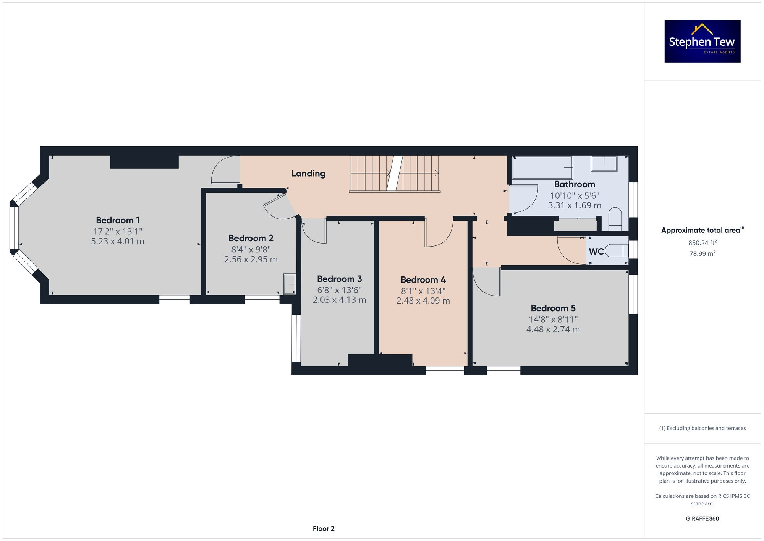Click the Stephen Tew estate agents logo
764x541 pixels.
702,41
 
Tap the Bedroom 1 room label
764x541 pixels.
118,220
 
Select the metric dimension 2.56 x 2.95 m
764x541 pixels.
251,259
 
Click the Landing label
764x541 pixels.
308,174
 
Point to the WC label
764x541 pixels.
596,252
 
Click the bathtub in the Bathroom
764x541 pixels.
542,168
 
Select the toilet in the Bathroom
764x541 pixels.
615,219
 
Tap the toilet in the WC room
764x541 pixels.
617,251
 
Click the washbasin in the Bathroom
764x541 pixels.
604,164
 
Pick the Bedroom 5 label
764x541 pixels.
553,308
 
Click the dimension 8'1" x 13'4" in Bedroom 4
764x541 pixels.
423,291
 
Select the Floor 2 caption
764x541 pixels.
323,529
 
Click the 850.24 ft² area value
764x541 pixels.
702,243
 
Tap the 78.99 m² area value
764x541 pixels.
702,253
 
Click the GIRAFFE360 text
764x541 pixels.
702,519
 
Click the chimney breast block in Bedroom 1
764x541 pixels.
144,162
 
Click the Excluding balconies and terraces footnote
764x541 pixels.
702,428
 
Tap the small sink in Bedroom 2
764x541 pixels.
290,284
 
